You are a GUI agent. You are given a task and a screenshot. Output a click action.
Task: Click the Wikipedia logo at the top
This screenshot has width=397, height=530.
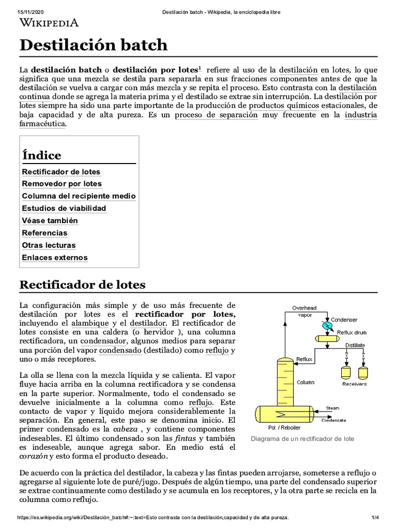tap(49, 22)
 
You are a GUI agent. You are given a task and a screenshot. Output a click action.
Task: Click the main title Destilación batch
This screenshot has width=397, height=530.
tap(94, 45)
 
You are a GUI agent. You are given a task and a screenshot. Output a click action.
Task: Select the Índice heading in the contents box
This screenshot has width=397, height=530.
tap(41, 155)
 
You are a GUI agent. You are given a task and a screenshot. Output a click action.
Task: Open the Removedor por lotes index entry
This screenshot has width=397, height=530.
tap(62, 184)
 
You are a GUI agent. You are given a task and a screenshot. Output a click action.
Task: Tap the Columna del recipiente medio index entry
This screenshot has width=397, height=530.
tap(79, 196)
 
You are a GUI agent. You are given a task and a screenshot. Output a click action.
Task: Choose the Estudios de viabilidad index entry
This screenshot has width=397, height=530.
tap(64, 209)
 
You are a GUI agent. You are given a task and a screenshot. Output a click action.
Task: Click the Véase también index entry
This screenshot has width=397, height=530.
tap(50, 220)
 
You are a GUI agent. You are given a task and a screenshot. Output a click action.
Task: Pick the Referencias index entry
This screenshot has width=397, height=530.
tap(44, 233)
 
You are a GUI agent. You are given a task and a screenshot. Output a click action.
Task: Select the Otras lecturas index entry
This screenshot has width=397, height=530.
tap(49, 245)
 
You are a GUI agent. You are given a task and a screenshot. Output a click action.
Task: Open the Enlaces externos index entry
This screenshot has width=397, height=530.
tap(55, 258)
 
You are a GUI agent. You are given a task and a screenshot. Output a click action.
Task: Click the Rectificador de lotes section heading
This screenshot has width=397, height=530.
tap(82, 285)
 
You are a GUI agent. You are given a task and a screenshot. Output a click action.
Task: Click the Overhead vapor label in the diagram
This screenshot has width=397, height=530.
tap(304, 311)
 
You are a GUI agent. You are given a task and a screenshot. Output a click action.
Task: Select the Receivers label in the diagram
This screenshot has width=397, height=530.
tap(355, 384)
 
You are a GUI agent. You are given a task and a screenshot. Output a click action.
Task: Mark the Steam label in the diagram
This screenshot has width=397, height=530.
tap(332, 408)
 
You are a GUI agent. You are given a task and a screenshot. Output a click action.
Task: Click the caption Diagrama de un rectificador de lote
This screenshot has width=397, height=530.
tap(302, 439)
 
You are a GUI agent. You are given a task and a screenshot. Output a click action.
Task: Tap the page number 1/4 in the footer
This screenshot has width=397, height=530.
tap(375, 518)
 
